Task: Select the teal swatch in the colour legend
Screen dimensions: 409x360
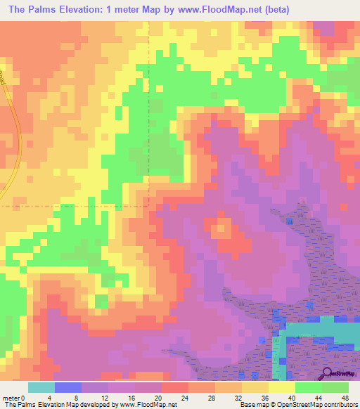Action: coord(41,387)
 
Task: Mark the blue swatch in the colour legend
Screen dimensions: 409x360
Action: coord(68,387)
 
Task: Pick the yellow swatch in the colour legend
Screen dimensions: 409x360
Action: coord(282,387)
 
